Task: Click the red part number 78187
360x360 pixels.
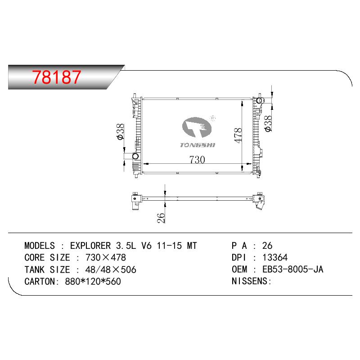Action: tap(57, 76)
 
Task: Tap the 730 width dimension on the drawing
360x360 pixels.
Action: tap(197, 160)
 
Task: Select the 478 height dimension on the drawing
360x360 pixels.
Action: tap(238, 135)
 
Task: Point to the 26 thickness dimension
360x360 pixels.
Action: tap(161, 218)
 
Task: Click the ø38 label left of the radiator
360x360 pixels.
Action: tap(120, 131)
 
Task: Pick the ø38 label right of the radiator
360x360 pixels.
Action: tap(268, 124)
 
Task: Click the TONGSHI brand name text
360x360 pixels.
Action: tap(198, 145)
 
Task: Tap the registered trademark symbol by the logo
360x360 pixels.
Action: tap(213, 118)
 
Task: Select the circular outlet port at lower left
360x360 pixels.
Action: tap(136, 156)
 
